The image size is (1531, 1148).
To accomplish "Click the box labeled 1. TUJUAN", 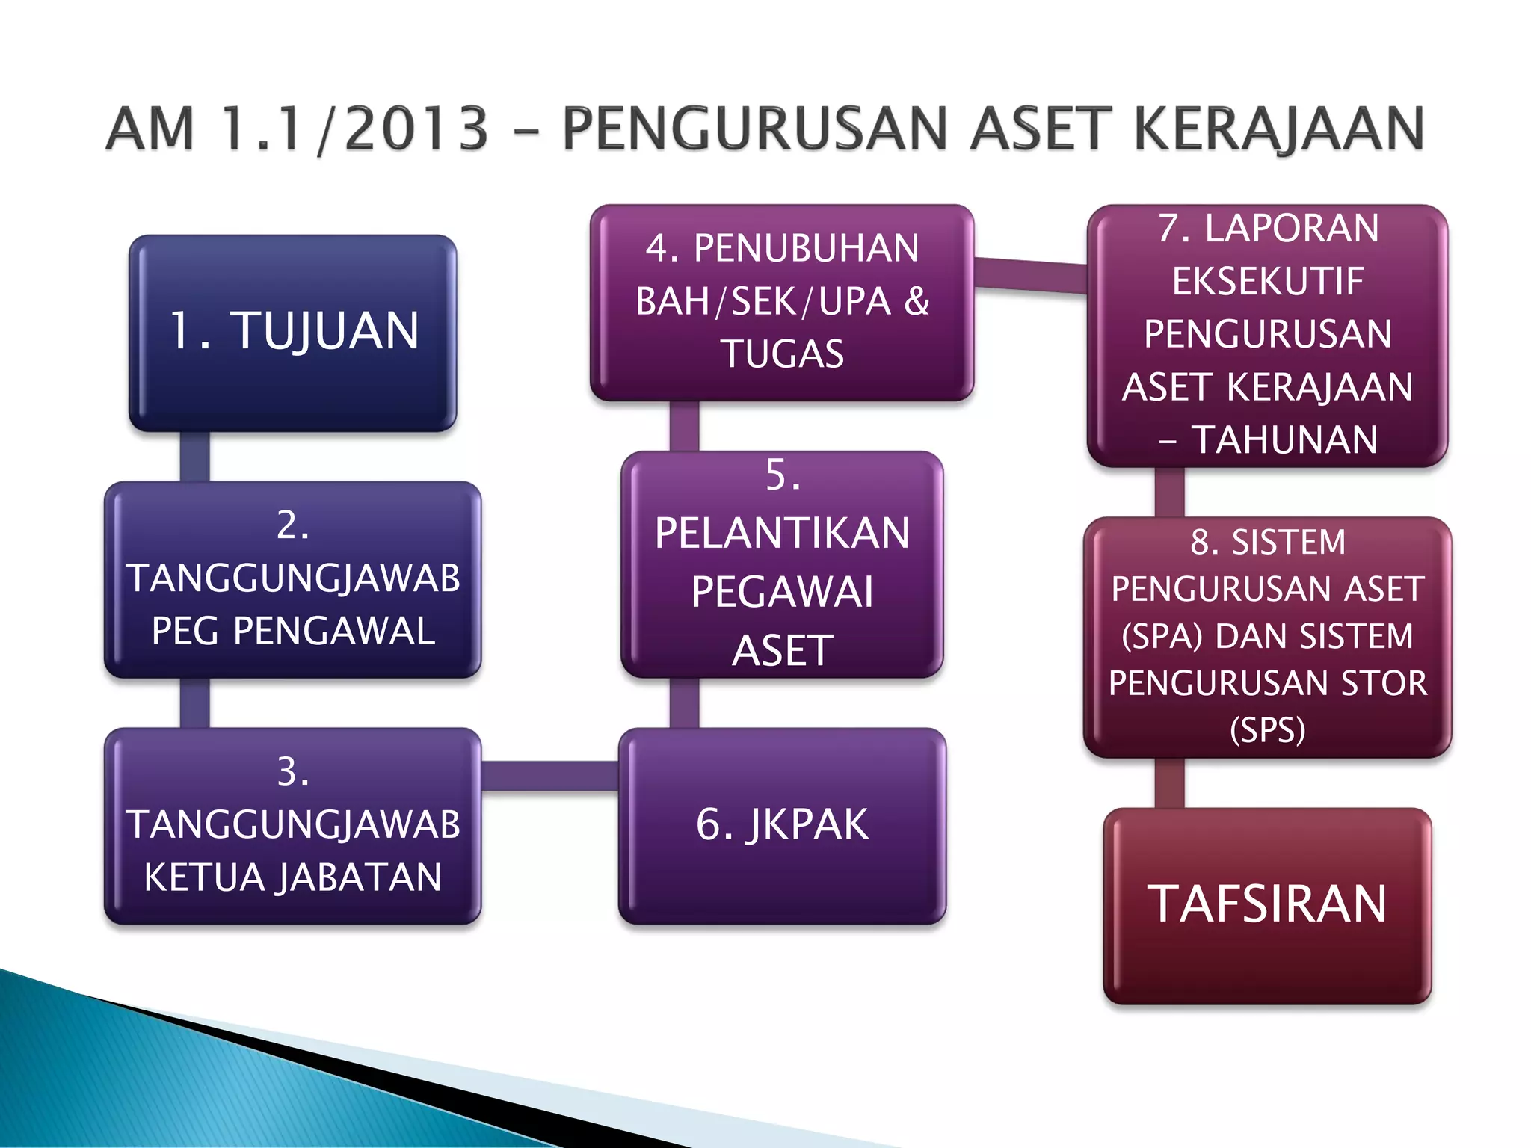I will (x=292, y=333).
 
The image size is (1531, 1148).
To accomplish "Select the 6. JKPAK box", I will (x=782, y=825).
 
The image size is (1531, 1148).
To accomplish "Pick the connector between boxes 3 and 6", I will (x=549, y=776).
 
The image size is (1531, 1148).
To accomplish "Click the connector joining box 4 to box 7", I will (x=1030, y=274).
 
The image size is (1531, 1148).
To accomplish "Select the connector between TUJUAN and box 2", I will (x=194, y=456).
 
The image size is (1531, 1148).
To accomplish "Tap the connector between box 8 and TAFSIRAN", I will (x=1169, y=783).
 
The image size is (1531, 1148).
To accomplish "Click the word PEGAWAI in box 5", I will (x=782, y=592).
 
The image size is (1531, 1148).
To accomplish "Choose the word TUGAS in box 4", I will (x=782, y=354).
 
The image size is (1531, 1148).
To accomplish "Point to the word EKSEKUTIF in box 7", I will (x=1268, y=282).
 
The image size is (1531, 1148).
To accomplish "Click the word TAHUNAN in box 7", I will (x=1284, y=439).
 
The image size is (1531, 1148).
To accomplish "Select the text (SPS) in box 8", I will (x=1268, y=729).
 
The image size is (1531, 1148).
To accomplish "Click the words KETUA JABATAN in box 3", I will (x=292, y=877).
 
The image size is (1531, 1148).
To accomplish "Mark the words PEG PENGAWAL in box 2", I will (x=292, y=631).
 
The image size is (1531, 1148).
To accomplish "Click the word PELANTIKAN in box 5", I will (x=782, y=533).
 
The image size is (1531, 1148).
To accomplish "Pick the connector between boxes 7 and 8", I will (x=1169, y=492).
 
